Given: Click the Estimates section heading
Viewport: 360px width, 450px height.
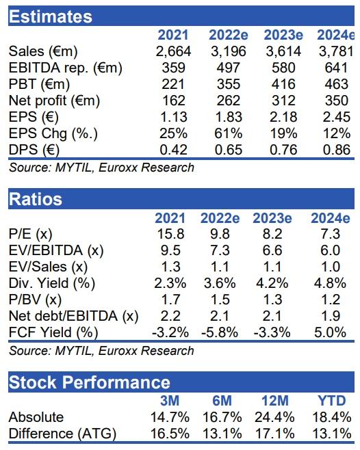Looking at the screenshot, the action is [x=51, y=16].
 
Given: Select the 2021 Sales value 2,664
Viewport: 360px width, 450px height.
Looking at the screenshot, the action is [x=173, y=52].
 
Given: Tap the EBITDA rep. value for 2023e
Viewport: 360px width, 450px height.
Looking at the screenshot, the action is [x=283, y=68].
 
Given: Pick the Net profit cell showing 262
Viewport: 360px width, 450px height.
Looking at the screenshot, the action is [x=229, y=101].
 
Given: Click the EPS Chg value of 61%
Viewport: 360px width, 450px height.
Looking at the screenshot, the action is [x=229, y=133].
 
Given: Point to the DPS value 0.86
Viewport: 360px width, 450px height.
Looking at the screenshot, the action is [x=337, y=150].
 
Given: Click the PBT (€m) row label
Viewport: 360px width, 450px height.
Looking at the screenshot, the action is [x=40, y=84].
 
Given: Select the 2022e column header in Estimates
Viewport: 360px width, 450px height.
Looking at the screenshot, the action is [x=229, y=35].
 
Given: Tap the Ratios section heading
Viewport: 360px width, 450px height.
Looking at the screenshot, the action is [x=36, y=199].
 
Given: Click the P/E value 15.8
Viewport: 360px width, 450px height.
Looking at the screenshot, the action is [x=170, y=234].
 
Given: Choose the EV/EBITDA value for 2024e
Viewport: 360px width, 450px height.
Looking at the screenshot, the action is [x=331, y=250].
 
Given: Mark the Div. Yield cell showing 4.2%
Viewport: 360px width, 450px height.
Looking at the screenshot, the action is [x=272, y=283].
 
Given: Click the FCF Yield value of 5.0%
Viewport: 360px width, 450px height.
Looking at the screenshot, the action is [x=330, y=332].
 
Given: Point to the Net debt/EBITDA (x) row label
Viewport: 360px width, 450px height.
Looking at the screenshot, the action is [x=73, y=316].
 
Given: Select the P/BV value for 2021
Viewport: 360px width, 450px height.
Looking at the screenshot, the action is [x=170, y=300].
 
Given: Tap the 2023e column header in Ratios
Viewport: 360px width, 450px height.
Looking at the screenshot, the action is [x=272, y=218].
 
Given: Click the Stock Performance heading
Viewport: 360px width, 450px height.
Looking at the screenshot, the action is [x=90, y=382].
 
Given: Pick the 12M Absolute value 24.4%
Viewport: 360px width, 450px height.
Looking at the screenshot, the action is [x=274, y=417].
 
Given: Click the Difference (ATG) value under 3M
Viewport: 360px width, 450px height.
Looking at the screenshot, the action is [x=170, y=434].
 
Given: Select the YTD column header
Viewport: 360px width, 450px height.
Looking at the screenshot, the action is [x=332, y=401].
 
